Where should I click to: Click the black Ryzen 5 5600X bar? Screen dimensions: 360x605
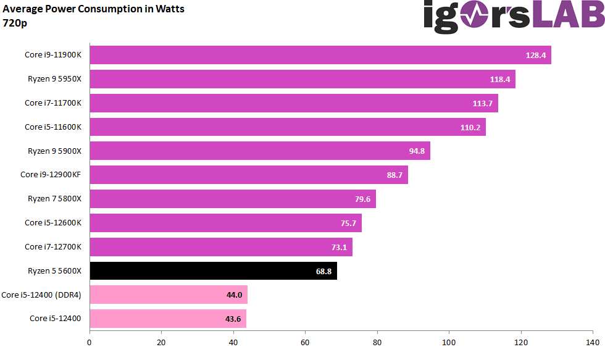tap(213, 271)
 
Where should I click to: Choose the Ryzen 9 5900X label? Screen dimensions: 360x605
tap(54, 151)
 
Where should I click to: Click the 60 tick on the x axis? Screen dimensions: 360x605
tap(305, 342)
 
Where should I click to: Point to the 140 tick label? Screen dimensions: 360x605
tap(592, 342)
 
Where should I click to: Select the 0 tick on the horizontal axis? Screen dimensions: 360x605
tap(90, 342)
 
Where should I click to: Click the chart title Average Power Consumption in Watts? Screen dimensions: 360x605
tap(94, 9)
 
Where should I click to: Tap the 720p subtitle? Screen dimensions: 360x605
tap(15, 23)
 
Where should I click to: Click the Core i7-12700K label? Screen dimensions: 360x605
tap(53, 247)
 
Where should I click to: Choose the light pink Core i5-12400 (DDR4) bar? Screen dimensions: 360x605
tap(169, 295)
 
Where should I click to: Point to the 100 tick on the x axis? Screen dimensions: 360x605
tap(449, 342)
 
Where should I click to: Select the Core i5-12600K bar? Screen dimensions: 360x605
tap(225, 223)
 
